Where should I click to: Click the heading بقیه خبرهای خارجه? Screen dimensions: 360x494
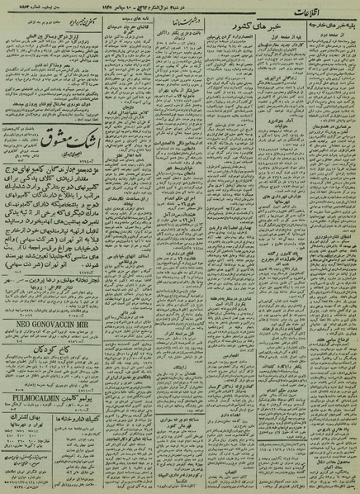[332, 38]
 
